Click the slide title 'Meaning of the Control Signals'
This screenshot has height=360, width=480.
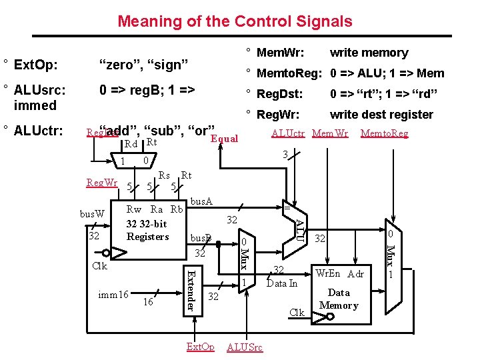[235, 21]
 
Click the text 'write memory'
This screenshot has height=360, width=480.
[369, 53]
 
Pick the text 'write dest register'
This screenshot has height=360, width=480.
[381, 114]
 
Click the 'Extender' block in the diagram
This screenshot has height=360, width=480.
[190, 289]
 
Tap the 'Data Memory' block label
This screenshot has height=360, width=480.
[339, 299]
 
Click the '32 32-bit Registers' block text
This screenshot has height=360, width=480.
[147, 231]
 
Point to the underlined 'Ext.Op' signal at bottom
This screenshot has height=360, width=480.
[200, 347]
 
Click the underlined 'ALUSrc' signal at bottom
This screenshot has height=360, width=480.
[245, 347]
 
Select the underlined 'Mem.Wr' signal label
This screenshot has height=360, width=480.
[330, 133]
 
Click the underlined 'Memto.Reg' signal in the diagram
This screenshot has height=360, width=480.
[384, 133]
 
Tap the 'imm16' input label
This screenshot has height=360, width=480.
[113, 295]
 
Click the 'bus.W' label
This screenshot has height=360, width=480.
[92, 214]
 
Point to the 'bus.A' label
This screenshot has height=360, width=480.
[201, 200]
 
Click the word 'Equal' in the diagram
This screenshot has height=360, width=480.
[224, 139]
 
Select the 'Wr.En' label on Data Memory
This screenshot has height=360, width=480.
[327, 273]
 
